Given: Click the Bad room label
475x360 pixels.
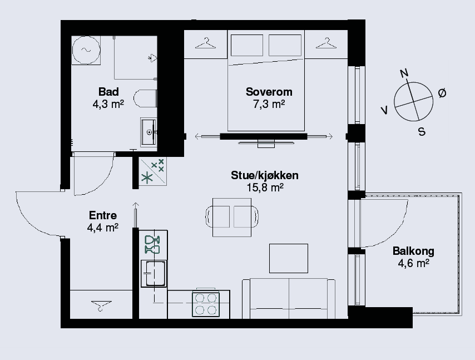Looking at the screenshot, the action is coord(108,92).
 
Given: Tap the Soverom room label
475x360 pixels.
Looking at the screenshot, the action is coord(269,92).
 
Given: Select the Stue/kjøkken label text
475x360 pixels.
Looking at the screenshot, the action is coord(264,175).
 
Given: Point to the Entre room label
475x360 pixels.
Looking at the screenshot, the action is coord(103,215).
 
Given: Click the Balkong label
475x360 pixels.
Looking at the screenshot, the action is coord(413,251).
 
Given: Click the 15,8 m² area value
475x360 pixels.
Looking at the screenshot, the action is coord(265,188).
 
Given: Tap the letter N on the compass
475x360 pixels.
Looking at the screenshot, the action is coord(404,73).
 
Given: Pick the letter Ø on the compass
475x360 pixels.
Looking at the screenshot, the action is coord(442,93).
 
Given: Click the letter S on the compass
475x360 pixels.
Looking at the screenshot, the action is coord(422,131).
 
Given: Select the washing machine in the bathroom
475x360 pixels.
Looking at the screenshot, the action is coord(86,50).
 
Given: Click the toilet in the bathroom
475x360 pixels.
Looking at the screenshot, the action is coord(145,98).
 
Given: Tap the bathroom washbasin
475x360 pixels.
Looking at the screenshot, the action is coord(149,132).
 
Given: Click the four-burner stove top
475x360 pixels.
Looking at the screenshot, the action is coord(206,304).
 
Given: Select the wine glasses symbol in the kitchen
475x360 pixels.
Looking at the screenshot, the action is coord(152,245).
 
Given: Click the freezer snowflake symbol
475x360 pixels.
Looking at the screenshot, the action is coord(147,177).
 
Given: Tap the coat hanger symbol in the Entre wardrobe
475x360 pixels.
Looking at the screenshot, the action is coord(101,305).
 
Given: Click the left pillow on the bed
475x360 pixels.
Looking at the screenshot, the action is coord(247,45).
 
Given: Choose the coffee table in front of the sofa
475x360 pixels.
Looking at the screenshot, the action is coord(289,258).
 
